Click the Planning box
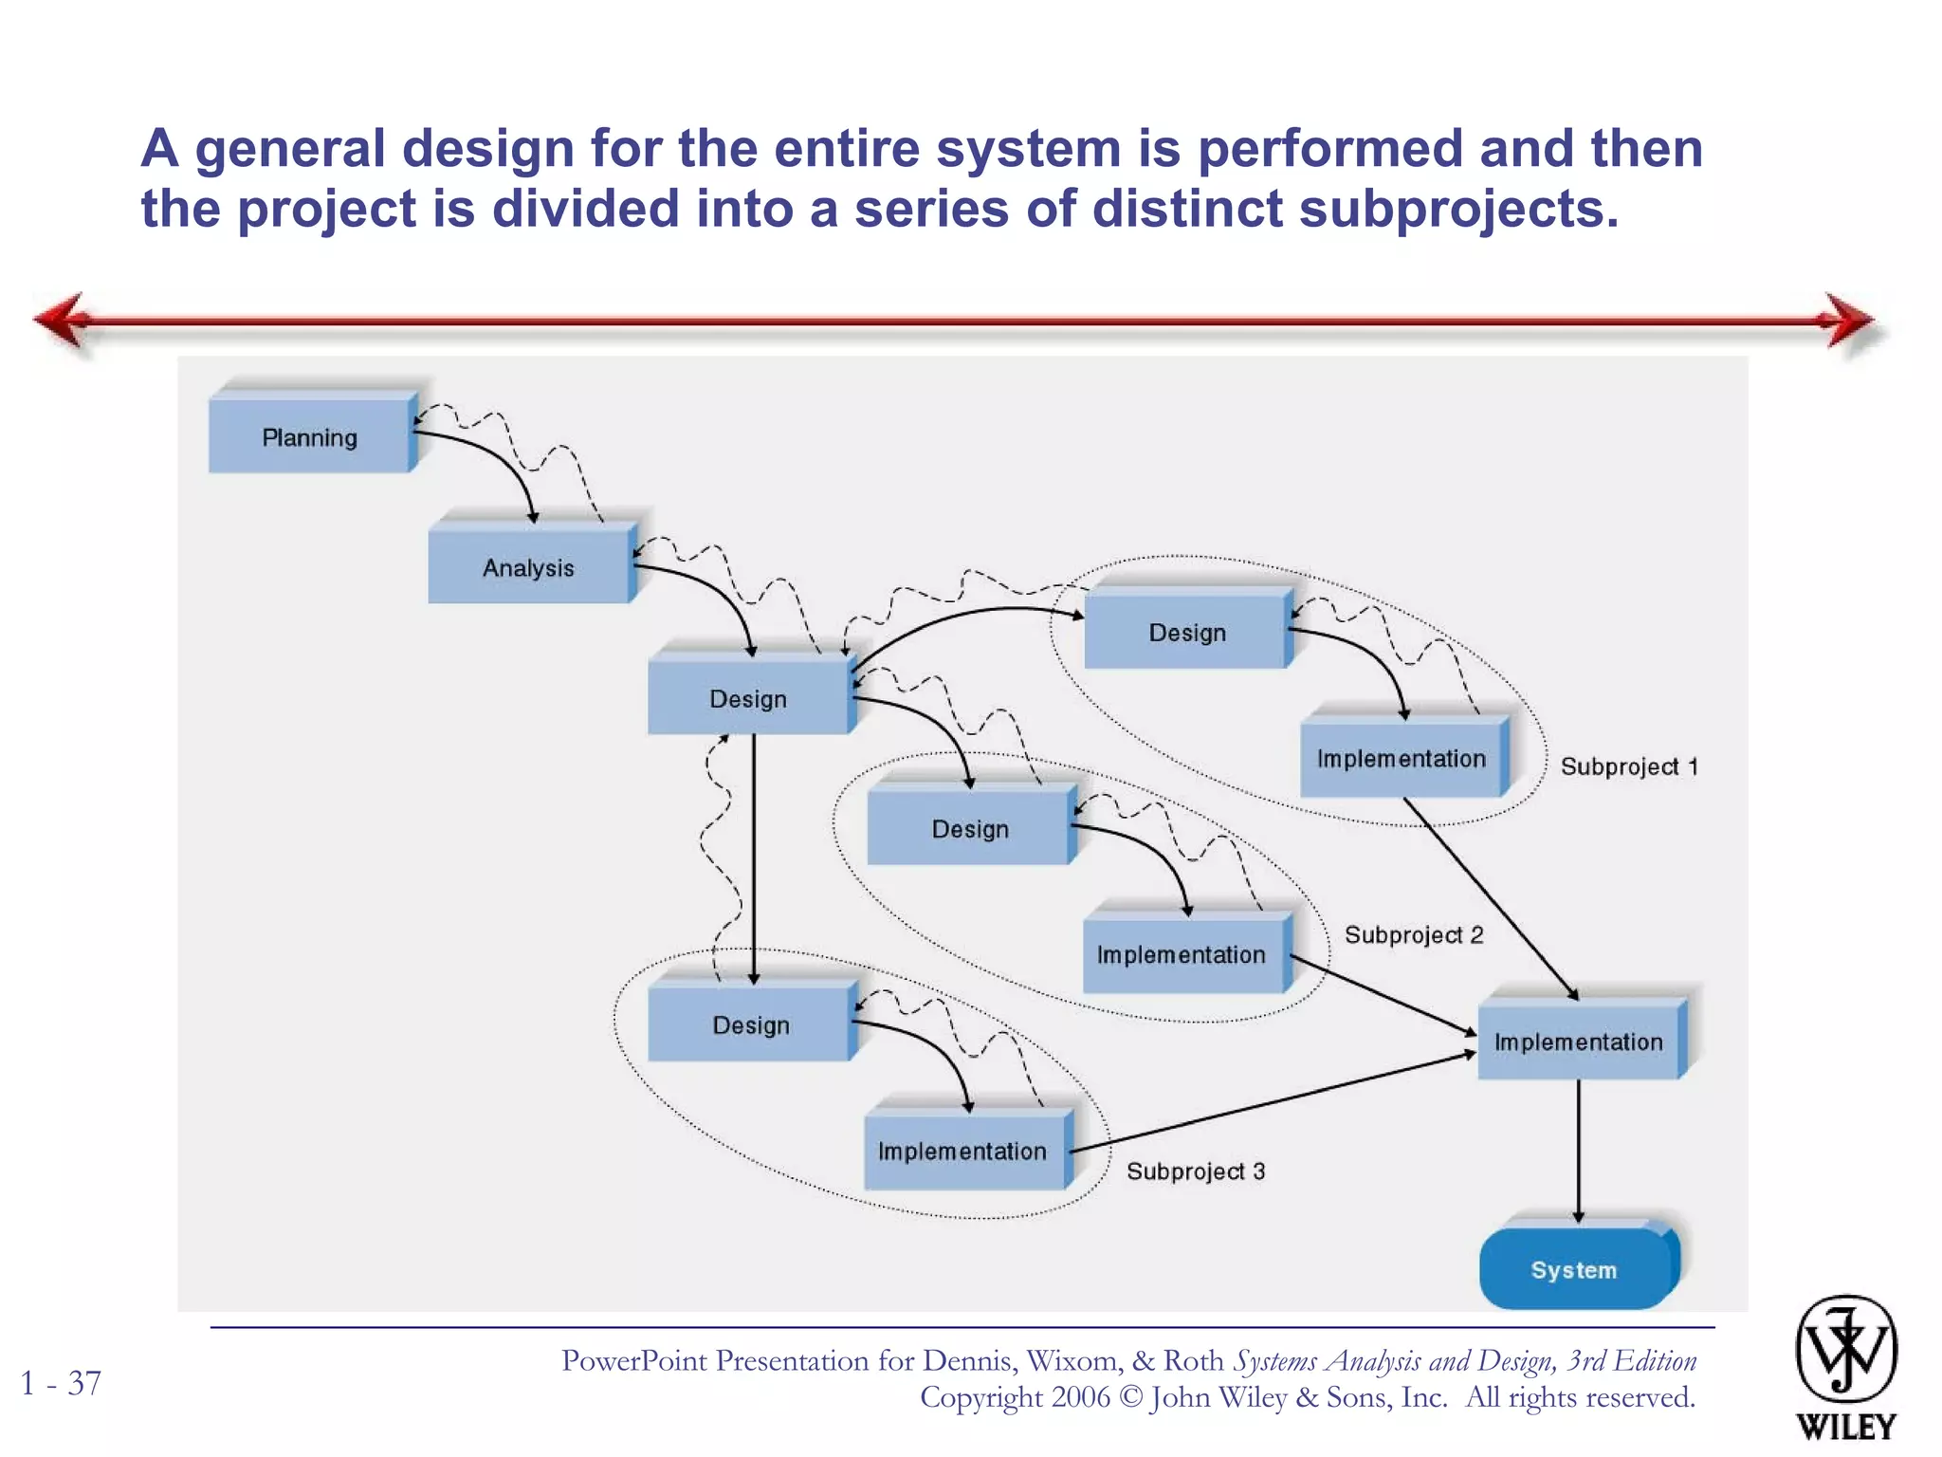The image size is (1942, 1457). click(x=310, y=437)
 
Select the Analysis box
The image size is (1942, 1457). click(x=528, y=567)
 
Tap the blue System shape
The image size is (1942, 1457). click(x=1574, y=1269)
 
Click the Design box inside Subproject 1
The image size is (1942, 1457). click(x=1186, y=633)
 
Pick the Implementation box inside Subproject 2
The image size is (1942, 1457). click(x=1182, y=954)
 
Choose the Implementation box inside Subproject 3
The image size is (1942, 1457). click(x=962, y=1151)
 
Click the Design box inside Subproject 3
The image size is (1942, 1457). click(x=750, y=1025)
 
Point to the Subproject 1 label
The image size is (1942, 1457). click(x=1629, y=766)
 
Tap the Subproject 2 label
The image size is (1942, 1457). click(x=1414, y=935)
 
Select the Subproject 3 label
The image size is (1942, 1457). click(x=1196, y=1171)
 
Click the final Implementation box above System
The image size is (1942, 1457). click(x=1579, y=1042)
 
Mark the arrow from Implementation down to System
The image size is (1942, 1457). click(x=1579, y=1148)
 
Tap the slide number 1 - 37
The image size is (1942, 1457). click(x=61, y=1383)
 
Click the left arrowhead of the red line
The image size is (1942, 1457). click(x=63, y=321)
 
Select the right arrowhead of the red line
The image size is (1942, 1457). click(x=1849, y=321)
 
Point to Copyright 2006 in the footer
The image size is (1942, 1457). click(x=1014, y=1397)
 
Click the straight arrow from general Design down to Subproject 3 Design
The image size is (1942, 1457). click(x=754, y=854)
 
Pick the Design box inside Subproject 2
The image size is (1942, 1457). click(x=969, y=829)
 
